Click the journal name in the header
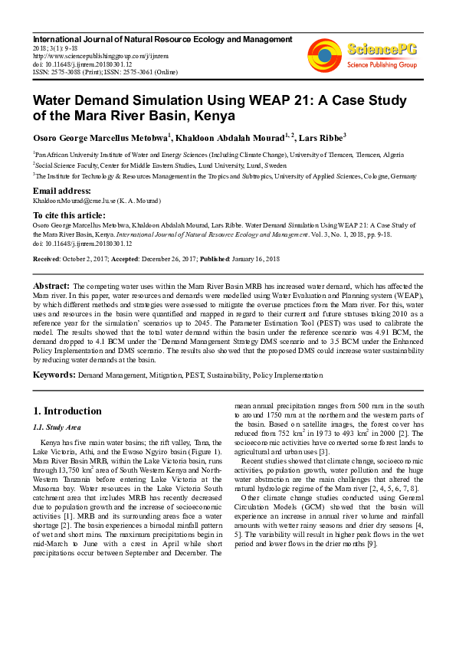pyautogui.click(x=162, y=39)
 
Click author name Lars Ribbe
pyautogui.click(x=320, y=138)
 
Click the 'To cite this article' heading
pyautogui.click(x=69, y=215)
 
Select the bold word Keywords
pyautogui.click(x=53, y=375)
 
